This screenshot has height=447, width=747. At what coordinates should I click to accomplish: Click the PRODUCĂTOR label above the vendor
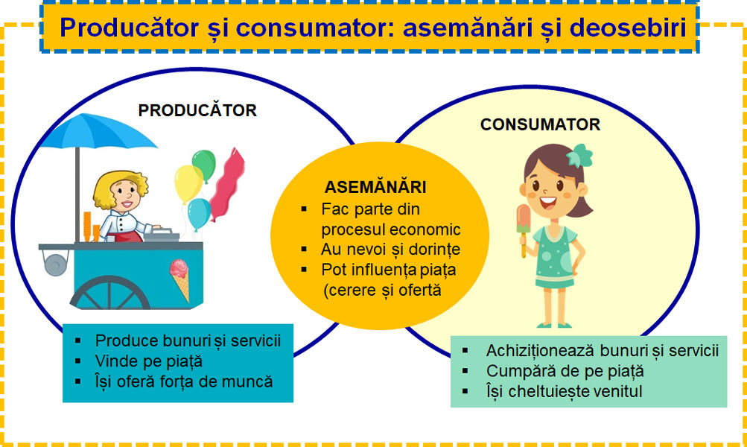[x=197, y=110]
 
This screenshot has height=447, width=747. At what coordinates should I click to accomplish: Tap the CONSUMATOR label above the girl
[x=540, y=124]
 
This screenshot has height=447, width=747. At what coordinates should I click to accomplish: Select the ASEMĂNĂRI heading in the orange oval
[x=375, y=186]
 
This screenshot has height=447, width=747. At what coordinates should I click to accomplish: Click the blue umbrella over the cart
[x=98, y=132]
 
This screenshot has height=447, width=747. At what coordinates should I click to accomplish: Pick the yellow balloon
[x=188, y=183]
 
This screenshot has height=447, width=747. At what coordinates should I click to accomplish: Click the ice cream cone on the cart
[x=179, y=279]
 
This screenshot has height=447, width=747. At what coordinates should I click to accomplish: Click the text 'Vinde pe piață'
[x=149, y=361]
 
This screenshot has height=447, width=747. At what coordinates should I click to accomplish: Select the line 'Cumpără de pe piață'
[x=565, y=371]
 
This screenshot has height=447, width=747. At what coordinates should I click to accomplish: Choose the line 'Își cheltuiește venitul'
[x=564, y=391]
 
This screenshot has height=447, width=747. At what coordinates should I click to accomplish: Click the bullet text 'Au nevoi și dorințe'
[x=390, y=250]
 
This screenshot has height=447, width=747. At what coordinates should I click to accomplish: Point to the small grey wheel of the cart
[x=56, y=264]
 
